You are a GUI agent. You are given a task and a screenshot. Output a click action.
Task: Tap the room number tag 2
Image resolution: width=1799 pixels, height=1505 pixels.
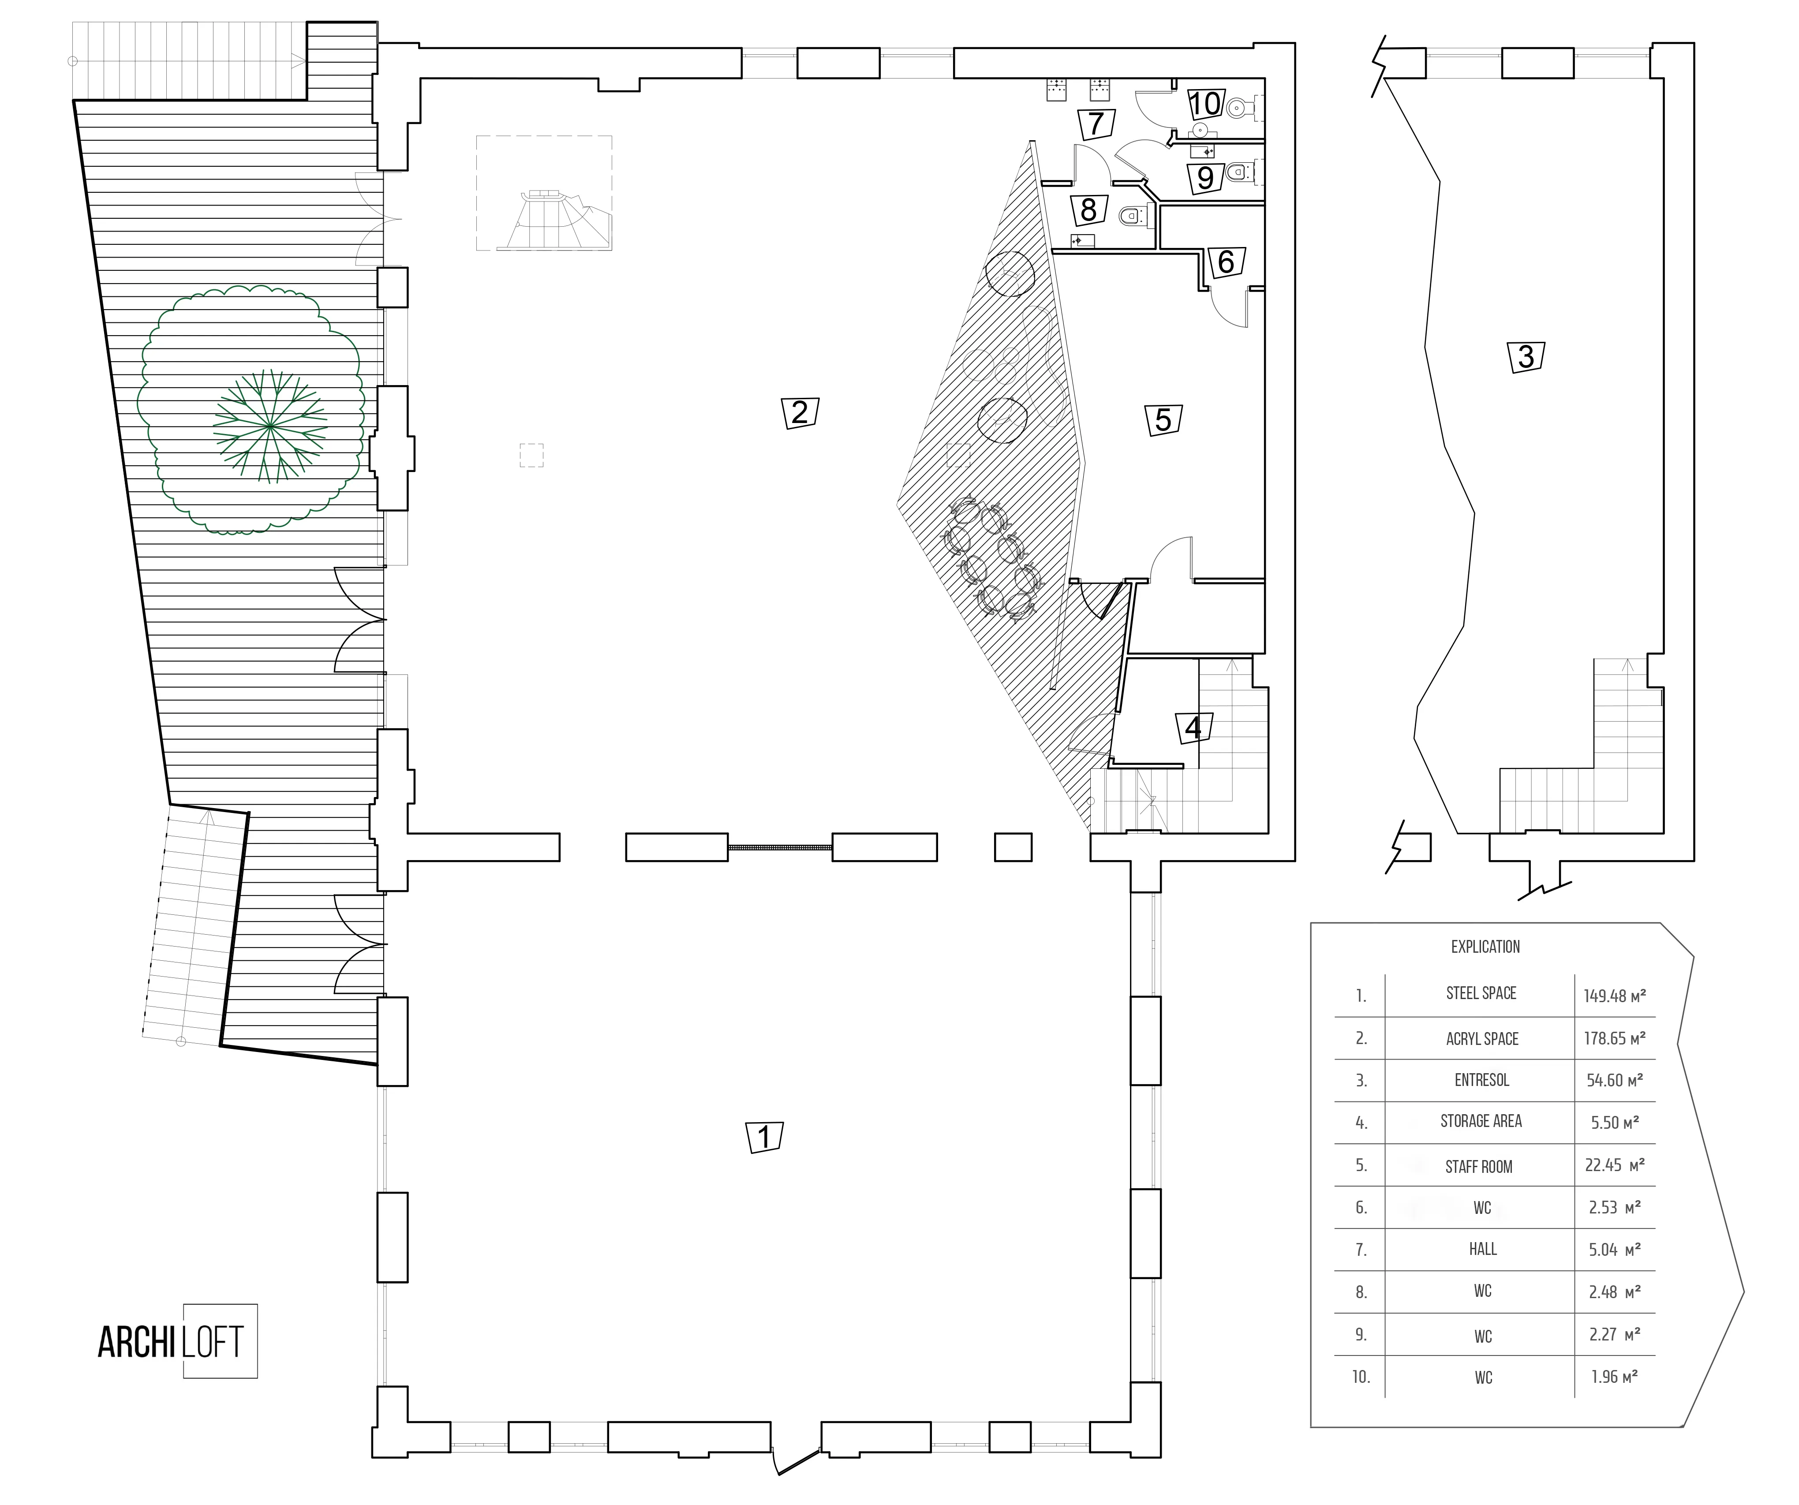click(800, 412)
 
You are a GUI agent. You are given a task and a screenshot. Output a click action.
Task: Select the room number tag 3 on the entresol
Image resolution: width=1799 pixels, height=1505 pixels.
click(1526, 356)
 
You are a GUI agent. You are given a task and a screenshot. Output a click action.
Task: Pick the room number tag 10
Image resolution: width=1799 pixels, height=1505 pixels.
click(1205, 105)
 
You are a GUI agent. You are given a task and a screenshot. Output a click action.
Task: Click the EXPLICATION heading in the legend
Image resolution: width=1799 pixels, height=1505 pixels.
click(1485, 947)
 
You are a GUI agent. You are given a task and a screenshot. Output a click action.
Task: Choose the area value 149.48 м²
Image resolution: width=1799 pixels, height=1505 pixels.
click(1615, 996)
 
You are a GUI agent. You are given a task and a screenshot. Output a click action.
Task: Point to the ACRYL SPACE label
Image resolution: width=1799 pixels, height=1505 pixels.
click(1482, 1038)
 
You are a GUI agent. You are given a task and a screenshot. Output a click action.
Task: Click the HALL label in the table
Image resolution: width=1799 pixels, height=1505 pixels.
click(1483, 1249)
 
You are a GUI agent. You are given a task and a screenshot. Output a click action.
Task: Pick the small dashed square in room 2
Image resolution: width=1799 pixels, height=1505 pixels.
click(531, 455)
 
